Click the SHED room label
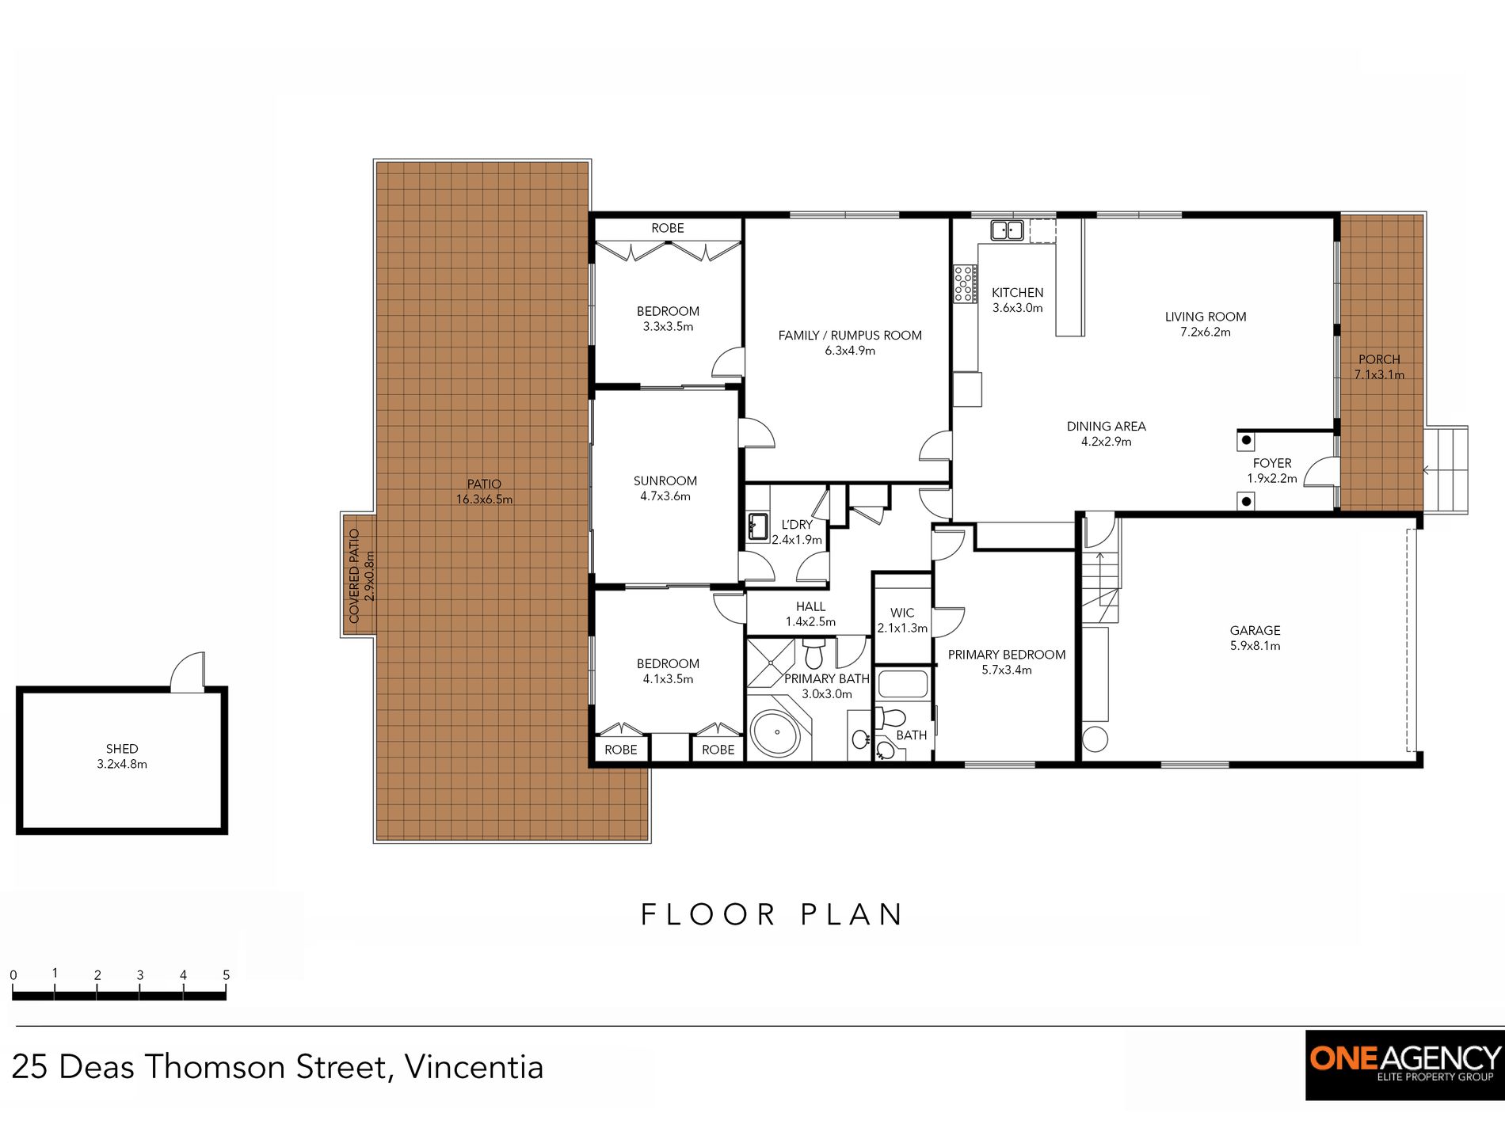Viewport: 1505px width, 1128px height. (122, 749)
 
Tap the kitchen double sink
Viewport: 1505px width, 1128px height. (1007, 230)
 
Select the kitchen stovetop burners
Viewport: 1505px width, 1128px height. (964, 284)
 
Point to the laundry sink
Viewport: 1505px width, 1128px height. (757, 526)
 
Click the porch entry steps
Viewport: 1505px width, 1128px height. (1446, 470)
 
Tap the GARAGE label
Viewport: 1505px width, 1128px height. (1255, 631)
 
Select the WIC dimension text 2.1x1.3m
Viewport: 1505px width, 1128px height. (902, 629)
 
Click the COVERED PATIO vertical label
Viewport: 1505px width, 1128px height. (354, 575)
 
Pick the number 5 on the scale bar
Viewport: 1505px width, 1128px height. (226, 975)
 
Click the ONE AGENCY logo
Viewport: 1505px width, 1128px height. (1405, 1065)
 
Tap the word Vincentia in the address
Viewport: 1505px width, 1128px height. (474, 1067)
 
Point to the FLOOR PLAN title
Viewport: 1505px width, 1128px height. (772, 915)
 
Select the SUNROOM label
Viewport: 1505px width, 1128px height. (665, 481)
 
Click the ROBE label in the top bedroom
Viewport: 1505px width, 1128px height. (668, 228)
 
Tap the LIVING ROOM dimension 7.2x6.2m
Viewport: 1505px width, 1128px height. (1206, 332)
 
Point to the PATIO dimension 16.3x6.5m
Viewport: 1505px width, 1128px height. (484, 499)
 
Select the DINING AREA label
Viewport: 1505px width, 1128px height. (1107, 427)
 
